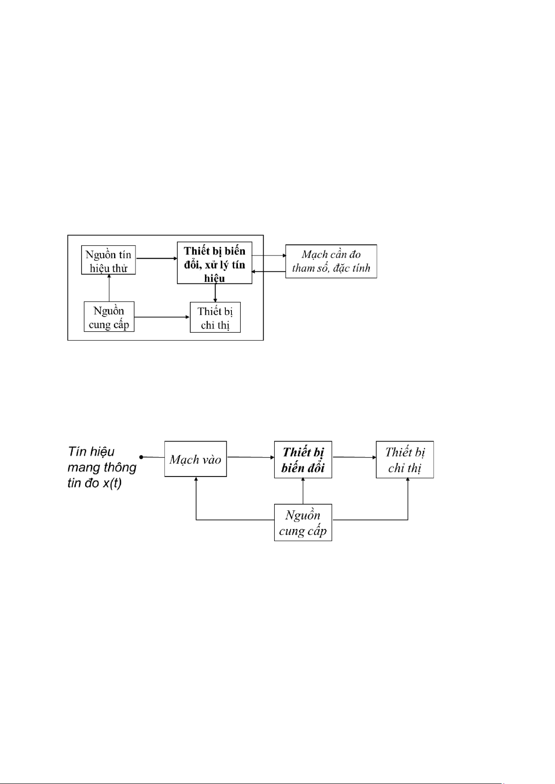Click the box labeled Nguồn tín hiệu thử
(108, 260)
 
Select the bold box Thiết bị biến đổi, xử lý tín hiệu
(215, 262)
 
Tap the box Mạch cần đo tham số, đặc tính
(331, 261)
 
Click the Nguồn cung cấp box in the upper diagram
(109, 317)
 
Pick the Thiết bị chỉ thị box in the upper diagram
(216, 317)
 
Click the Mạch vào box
(196, 459)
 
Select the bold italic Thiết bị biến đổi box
(303, 460)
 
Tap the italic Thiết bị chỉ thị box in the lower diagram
(405, 460)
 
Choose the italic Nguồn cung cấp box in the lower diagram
(303, 523)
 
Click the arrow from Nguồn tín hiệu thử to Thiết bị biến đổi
(156, 258)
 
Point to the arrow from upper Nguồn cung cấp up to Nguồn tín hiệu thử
(109, 288)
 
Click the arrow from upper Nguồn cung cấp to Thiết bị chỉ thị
(162, 317)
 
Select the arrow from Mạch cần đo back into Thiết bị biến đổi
(269, 271)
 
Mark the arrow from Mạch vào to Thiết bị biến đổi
(250, 457)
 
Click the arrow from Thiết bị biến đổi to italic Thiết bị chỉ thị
(354, 457)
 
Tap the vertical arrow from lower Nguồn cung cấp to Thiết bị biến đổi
(303, 491)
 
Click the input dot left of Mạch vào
(141, 457)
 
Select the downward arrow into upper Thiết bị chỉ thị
(215, 293)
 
